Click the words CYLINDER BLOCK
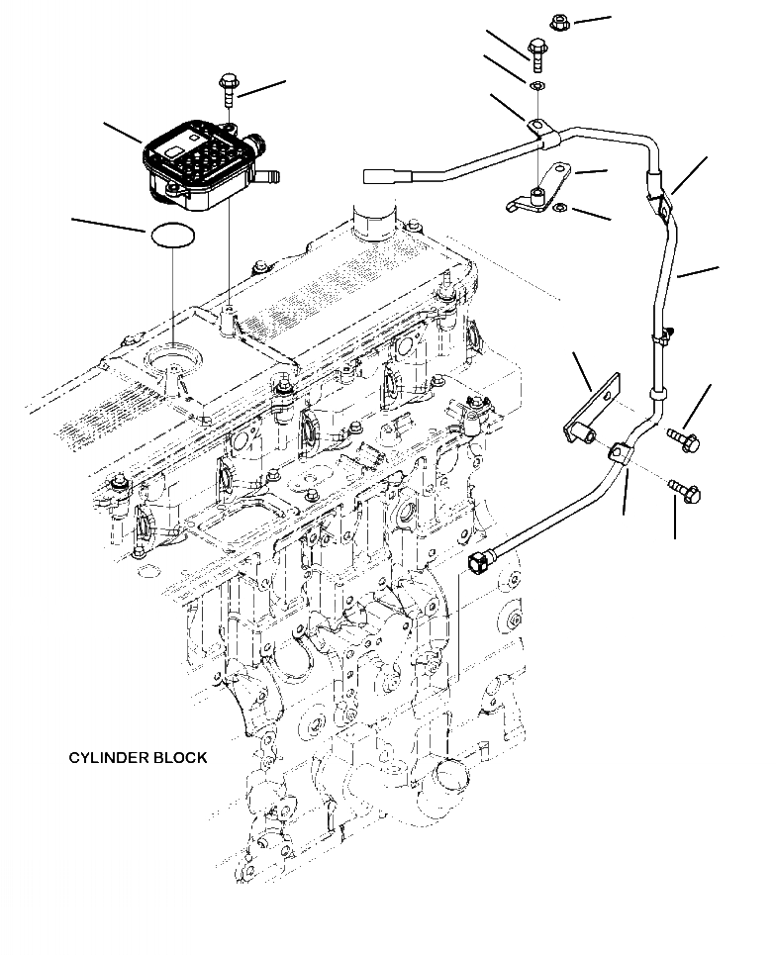[138, 758]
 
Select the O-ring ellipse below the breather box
[173, 235]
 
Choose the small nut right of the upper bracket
[560, 207]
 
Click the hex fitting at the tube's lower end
[479, 563]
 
